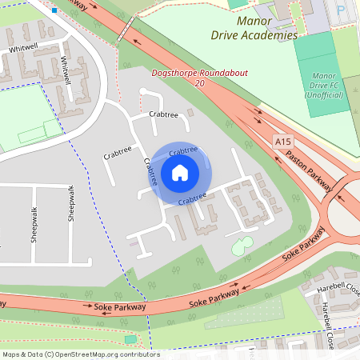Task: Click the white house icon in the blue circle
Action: coord(180,173)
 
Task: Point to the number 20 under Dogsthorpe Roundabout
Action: coord(199,83)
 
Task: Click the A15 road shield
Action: coord(281,142)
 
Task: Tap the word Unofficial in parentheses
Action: coord(323,95)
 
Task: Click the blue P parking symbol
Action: coord(341,11)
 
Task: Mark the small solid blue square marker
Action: coord(54,10)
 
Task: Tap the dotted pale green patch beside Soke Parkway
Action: coord(244,314)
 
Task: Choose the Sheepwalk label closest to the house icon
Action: coord(73,202)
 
